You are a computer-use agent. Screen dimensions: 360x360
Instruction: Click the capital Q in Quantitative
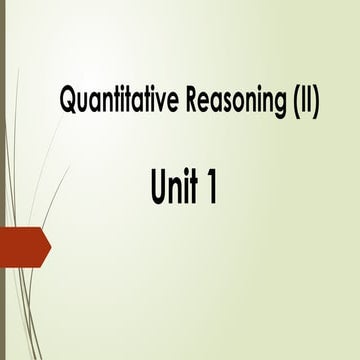pyautogui.click(x=69, y=102)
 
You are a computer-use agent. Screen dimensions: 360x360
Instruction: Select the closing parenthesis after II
pyautogui.click(x=314, y=102)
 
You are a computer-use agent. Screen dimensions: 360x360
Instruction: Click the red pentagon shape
pyautogui.click(x=22, y=246)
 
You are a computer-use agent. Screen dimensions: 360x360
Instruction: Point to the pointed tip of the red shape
pyautogui.click(x=49, y=246)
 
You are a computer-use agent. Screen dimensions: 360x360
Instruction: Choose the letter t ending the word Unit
pyautogui.click(x=190, y=187)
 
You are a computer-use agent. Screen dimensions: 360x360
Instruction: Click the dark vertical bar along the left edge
pyautogui.click(x=2, y=180)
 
